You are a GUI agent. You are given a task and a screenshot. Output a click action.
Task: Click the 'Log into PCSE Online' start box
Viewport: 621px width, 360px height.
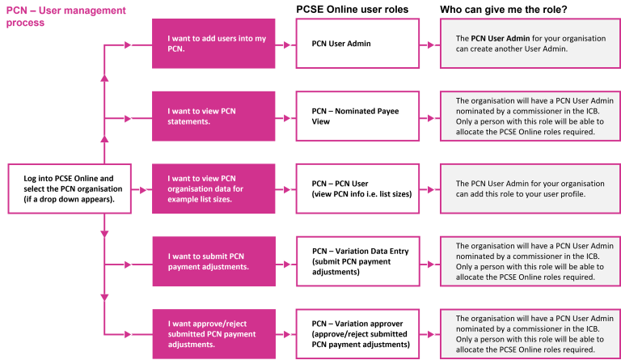pyautogui.click(x=70, y=188)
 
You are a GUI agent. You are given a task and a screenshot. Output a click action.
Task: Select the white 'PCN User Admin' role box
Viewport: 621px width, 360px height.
pyautogui.click(x=357, y=44)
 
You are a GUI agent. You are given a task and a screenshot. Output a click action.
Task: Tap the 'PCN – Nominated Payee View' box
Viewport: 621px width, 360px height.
pyautogui.click(x=357, y=116)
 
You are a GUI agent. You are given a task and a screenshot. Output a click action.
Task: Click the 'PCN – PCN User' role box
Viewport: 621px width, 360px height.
pyautogui.click(x=357, y=188)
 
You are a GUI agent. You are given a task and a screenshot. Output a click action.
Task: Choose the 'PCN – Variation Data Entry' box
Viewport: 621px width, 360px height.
pyautogui.click(x=357, y=261)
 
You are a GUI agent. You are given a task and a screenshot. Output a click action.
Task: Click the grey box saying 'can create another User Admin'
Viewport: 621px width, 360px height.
pyautogui.click(x=530, y=44)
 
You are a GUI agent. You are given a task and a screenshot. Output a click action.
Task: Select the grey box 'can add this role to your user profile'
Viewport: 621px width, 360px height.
pyautogui.click(x=530, y=188)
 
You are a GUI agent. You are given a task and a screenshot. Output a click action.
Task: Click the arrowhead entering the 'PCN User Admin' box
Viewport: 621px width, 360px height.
pyautogui.click(x=289, y=44)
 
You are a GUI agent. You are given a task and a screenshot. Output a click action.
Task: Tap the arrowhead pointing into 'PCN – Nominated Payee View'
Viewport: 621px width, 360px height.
pyautogui.click(x=289, y=116)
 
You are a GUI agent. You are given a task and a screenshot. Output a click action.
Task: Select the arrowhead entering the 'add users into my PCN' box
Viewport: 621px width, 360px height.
pyautogui.click(x=127, y=44)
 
